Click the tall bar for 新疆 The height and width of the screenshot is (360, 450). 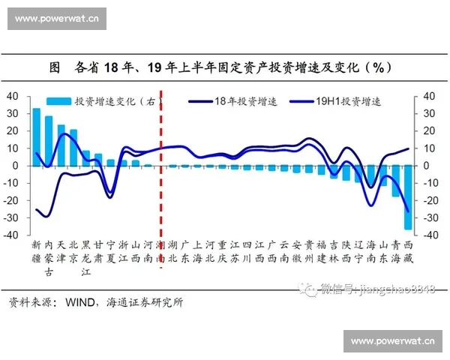[x=36, y=136]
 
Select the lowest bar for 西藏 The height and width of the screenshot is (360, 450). [x=408, y=197]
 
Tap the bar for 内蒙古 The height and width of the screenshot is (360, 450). [x=49, y=140]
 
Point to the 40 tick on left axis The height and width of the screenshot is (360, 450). [x=13, y=96]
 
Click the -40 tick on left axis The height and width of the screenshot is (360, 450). [x=11, y=234]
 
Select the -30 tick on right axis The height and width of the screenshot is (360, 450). [x=428, y=217]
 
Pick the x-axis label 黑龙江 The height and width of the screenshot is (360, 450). [x=85, y=258]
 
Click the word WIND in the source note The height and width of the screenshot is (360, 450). [x=74, y=303]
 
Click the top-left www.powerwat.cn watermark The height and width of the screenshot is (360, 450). [x=57, y=18]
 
